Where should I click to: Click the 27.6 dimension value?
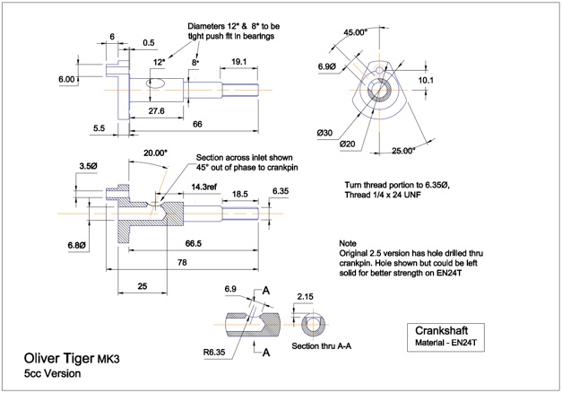tap(156, 111)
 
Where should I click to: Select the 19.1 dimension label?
tap(238, 61)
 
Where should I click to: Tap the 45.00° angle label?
tap(356, 32)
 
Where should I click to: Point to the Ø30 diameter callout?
tap(324, 133)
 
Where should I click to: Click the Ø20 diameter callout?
tap(347, 144)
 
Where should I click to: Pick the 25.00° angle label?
tap(403, 151)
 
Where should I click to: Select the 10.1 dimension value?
tap(426, 80)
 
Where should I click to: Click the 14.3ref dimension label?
tap(203, 187)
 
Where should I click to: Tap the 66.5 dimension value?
tap(194, 244)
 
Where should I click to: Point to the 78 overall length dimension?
tap(182, 262)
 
